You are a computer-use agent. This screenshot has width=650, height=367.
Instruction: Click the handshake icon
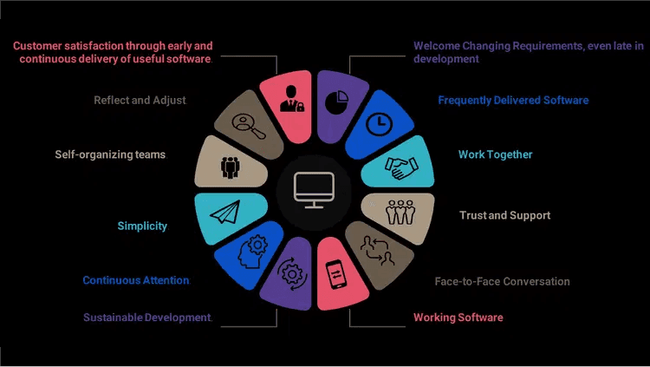(x=401, y=166)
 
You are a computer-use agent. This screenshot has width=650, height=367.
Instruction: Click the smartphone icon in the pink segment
(x=335, y=273)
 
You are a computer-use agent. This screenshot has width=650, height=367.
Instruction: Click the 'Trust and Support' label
(x=504, y=215)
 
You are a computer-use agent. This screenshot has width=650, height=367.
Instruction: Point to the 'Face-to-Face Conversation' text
(x=502, y=281)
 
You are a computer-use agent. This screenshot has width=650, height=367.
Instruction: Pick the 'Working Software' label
(x=458, y=318)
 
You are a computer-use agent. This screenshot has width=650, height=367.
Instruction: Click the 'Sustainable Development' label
(x=146, y=318)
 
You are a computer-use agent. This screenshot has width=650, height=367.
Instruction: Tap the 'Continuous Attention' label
(x=135, y=280)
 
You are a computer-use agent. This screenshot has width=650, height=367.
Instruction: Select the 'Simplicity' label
(x=142, y=226)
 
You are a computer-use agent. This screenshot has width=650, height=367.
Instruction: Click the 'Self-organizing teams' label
(x=109, y=154)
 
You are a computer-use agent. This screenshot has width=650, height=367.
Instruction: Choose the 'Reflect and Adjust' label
(x=140, y=100)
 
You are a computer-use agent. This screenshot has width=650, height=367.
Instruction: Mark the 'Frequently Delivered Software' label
(x=513, y=100)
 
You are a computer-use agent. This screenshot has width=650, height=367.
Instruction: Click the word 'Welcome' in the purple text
(x=437, y=46)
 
